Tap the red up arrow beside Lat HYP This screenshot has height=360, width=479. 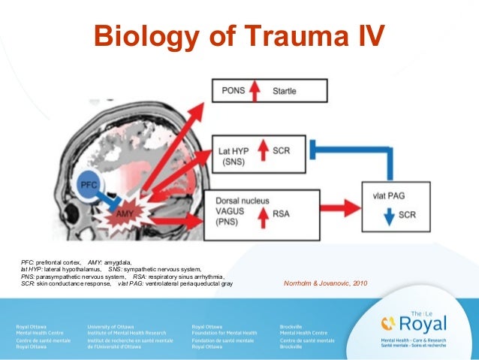click(x=263, y=151)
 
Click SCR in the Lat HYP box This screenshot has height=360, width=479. click(x=282, y=151)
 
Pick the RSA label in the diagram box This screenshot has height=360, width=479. click(x=280, y=213)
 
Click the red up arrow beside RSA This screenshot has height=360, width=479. click(x=261, y=213)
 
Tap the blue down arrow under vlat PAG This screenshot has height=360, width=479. click(x=386, y=215)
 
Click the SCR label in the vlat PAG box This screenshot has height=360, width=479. click(x=407, y=215)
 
